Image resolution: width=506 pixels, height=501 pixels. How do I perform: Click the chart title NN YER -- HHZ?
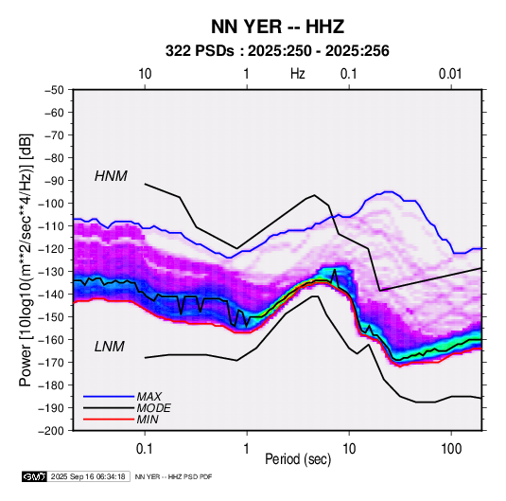[x=277, y=27]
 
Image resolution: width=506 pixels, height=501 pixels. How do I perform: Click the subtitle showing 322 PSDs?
[x=277, y=51]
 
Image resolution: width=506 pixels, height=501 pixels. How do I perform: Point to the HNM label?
[x=111, y=176]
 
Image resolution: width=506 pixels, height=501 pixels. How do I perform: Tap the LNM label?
[x=110, y=347]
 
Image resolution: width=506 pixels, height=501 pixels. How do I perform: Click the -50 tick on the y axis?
[x=54, y=90]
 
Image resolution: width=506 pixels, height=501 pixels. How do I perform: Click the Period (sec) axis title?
[x=298, y=459]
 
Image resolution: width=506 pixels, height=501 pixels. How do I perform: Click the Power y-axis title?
[x=26, y=259]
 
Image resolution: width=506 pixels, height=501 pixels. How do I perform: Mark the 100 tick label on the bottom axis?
[x=451, y=449]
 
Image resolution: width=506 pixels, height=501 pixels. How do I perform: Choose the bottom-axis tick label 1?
[x=247, y=449]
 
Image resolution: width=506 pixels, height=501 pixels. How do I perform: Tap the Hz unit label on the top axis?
[x=298, y=74]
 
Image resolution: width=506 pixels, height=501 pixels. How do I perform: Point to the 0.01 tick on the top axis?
[x=450, y=74]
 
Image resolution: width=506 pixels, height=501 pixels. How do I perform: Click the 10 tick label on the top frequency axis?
[x=145, y=74]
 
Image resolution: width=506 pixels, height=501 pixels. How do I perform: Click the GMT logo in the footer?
[x=35, y=476]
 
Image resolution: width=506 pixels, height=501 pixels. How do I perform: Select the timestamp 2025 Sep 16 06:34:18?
[x=88, y=476]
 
